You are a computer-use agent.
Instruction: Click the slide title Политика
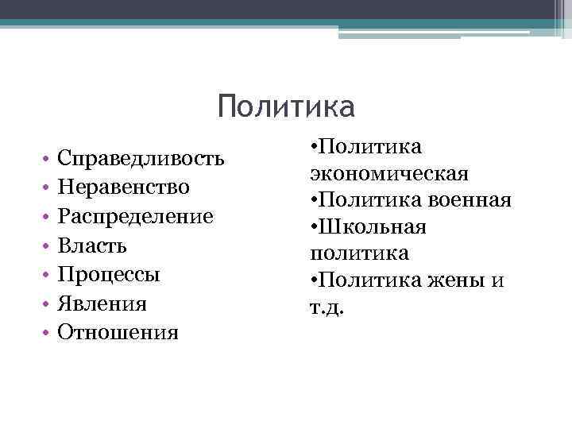pos(285,106)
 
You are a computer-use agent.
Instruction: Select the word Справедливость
pos(141,158)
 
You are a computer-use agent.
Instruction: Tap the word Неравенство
pos(123,187)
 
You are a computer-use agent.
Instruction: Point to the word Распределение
pos(135,217)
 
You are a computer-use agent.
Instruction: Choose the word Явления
pos(102,303)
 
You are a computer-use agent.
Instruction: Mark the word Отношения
pos(118,332)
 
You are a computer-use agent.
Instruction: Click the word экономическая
pos(389,173)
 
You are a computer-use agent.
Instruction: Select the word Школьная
pos(373,227)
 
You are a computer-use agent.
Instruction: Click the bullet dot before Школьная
pos(315,228)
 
